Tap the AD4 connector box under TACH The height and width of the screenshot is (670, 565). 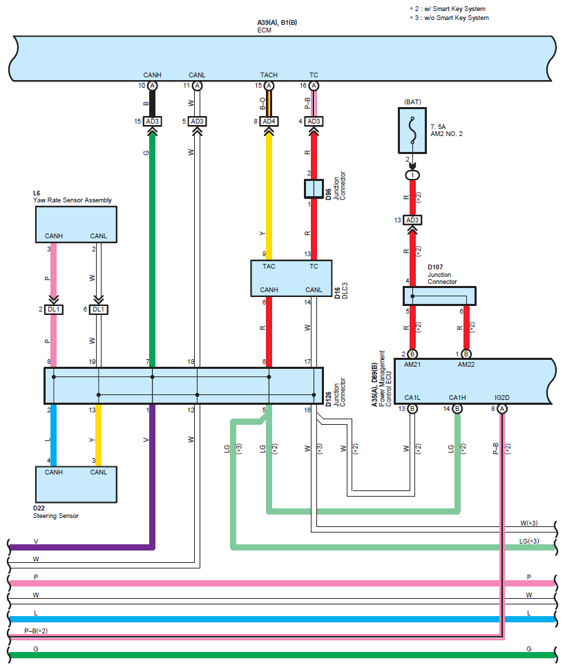[x=269, y=122]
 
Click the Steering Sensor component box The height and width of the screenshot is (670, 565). [x=76, y=484]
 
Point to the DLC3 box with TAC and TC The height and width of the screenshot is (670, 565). [x=291, y=279]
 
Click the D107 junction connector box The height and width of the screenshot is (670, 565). [x=440, y=296]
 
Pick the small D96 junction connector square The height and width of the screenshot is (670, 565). [x=314, y=189]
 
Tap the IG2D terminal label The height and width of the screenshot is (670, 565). [x=502, y=397]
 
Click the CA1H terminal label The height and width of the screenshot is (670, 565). [x=457, y=397]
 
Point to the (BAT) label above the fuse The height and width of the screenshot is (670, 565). [x=412, y=102]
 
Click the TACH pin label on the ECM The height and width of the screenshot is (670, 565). [x=269, y=75]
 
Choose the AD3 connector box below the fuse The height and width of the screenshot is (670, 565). [x=412, y=220]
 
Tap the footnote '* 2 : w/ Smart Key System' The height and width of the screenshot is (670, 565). [x=449, y=9]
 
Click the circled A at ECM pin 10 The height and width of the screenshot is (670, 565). [x=152, y=86]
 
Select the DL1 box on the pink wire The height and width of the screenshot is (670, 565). [x=54, y=309]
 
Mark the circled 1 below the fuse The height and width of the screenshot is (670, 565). [x=412, y=175]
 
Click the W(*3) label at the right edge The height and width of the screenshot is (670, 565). [x=528, y=523]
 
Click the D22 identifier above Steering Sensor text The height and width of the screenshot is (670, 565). [x=39, y=508]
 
